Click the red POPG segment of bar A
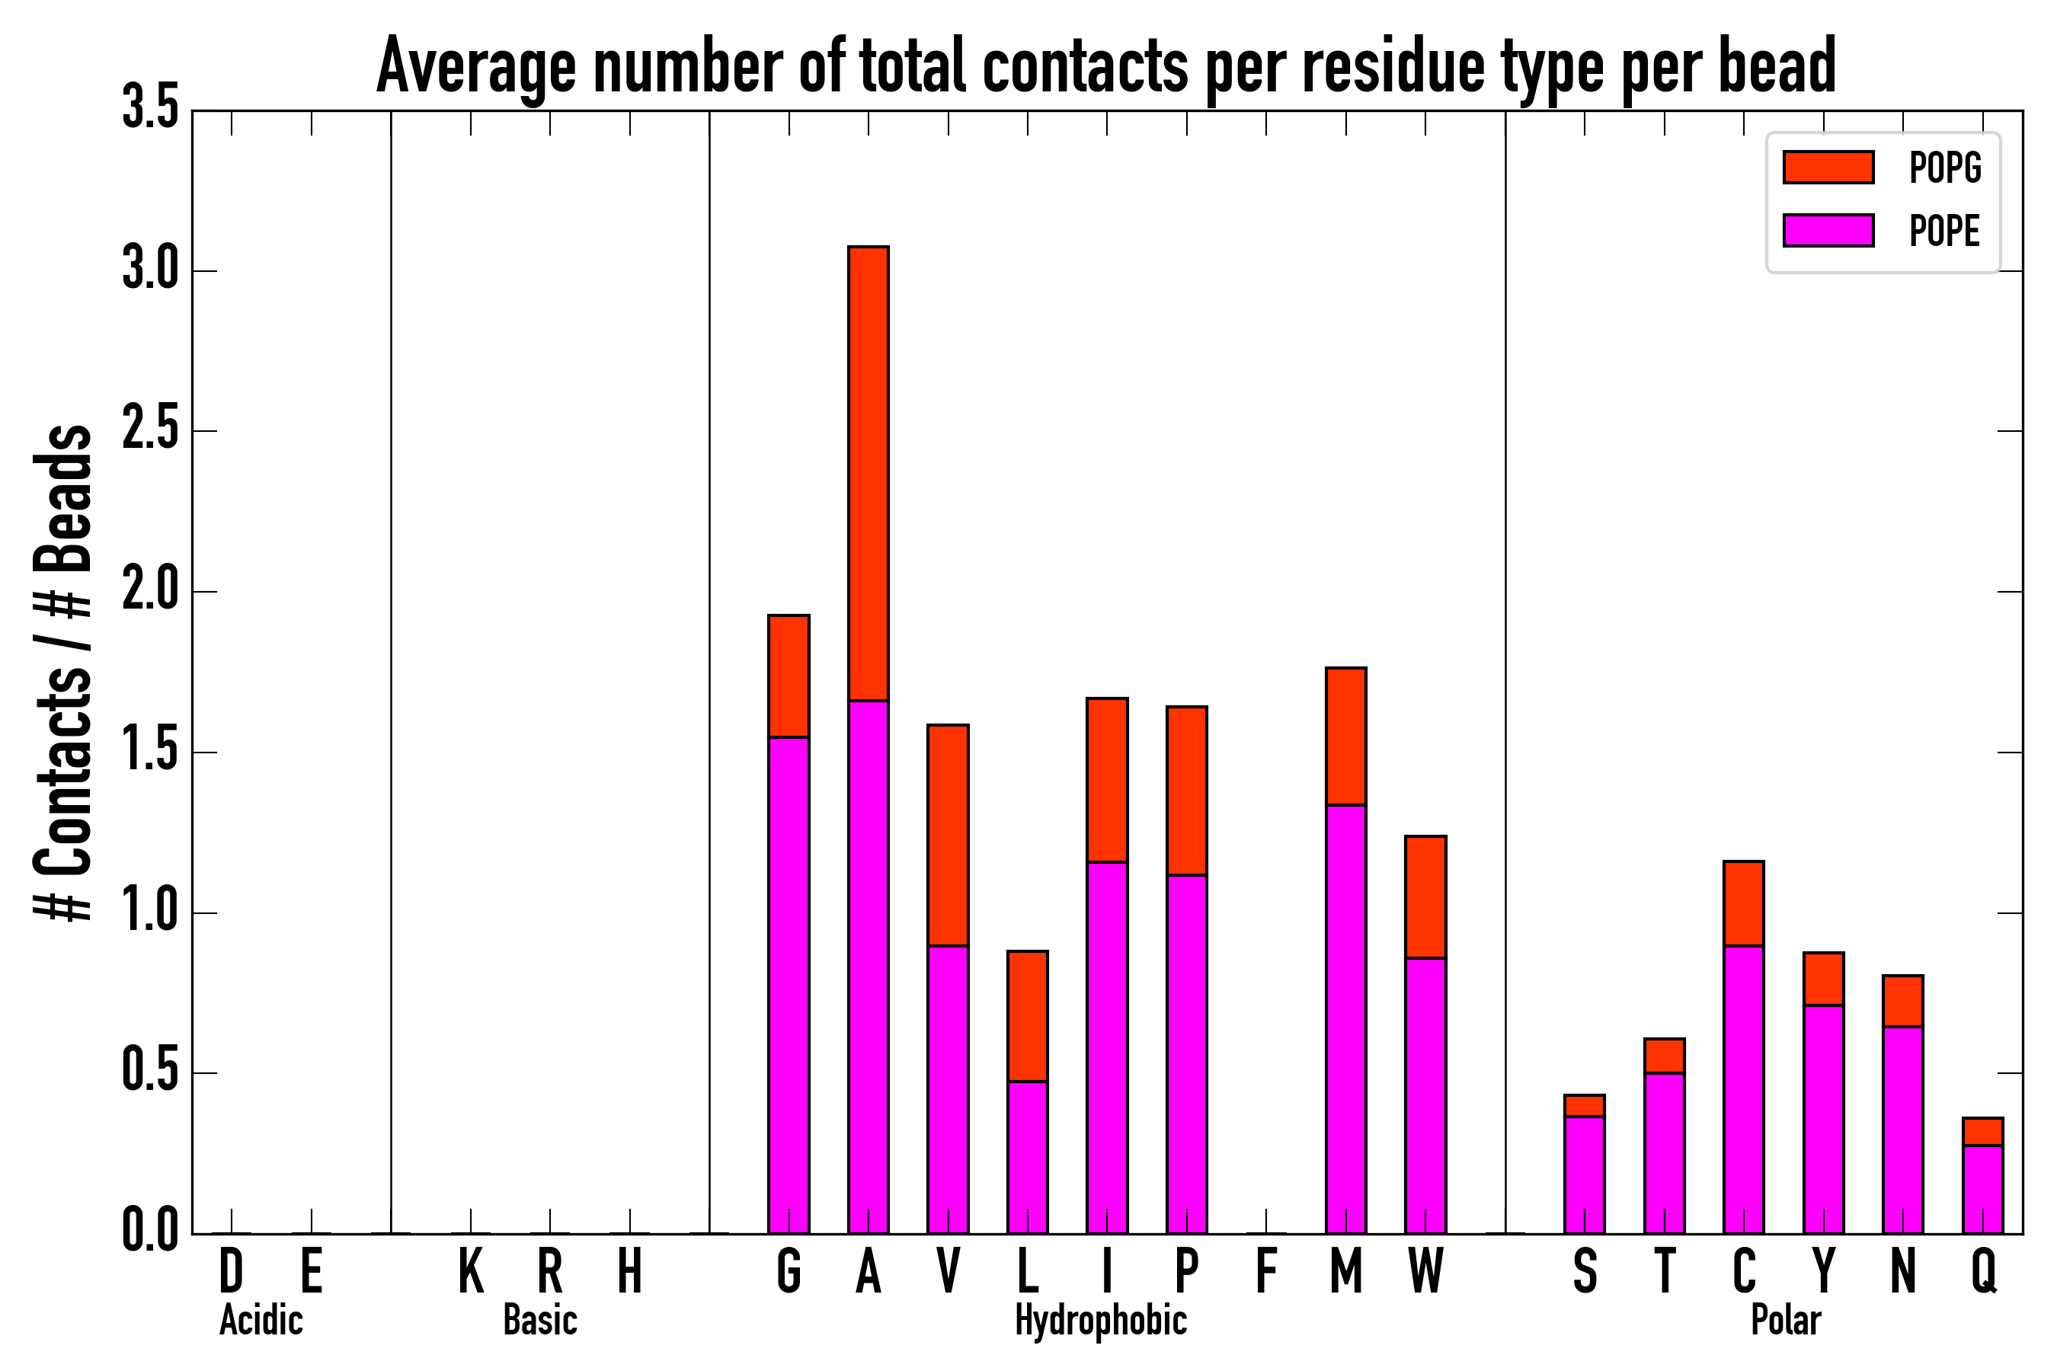(868, 473)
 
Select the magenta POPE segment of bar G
(788, 985)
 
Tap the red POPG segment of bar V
(947, 835)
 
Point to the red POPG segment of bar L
(1027, 1016)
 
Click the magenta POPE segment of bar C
(1743, 1089)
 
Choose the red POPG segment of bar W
(1425, 897)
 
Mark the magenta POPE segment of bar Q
(1982, 1189)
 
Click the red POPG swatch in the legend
(1828, 167)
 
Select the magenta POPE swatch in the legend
(1828, 230)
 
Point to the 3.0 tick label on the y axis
(150, 270)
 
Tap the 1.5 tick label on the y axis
(150, 752)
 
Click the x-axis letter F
(1265, 1270)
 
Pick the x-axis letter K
(471, 1270)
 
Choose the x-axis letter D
(231, 1270)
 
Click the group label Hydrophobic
(1100, 1320)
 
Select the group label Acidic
(261, 1320)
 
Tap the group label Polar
(1785, 1320)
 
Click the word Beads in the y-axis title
(64, 498)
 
